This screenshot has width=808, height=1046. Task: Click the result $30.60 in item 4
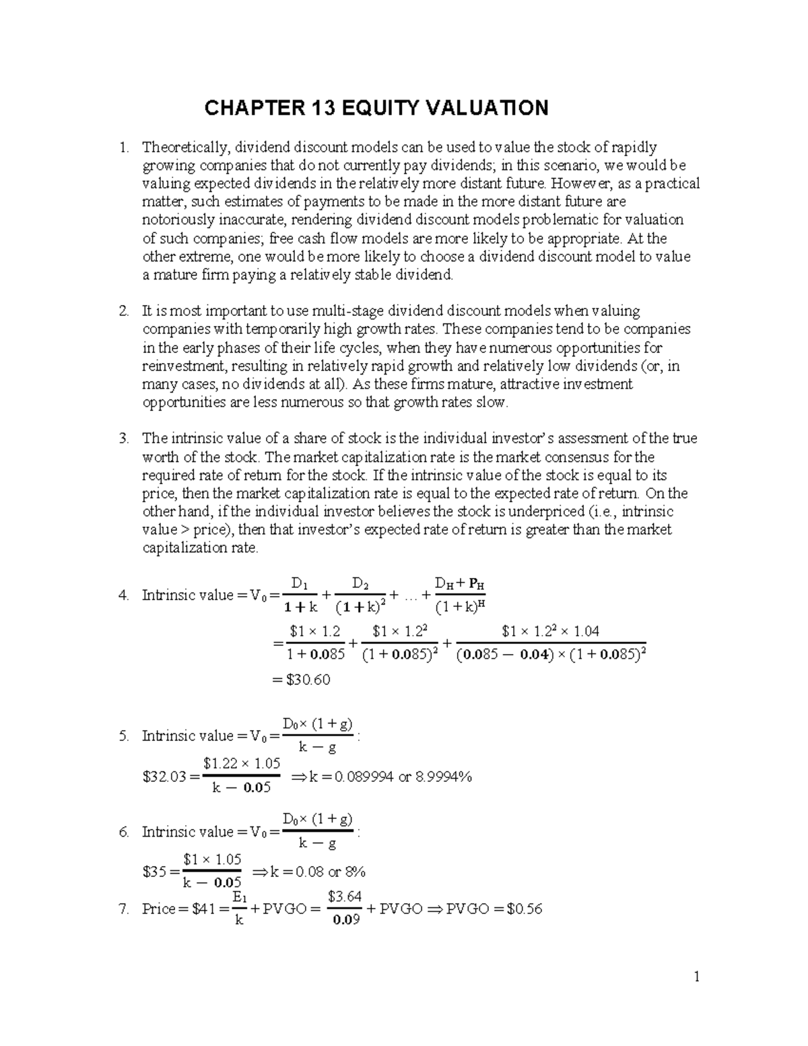pyautogui.click(x=308, y=680)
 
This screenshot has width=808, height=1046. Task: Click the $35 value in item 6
pyautogui.click(x=154, y=872)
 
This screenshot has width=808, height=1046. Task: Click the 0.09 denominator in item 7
pyautogui.click(x=345, y=920)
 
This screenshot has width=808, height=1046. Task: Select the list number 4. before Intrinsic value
pyautogui.click(x=123, y=595)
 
